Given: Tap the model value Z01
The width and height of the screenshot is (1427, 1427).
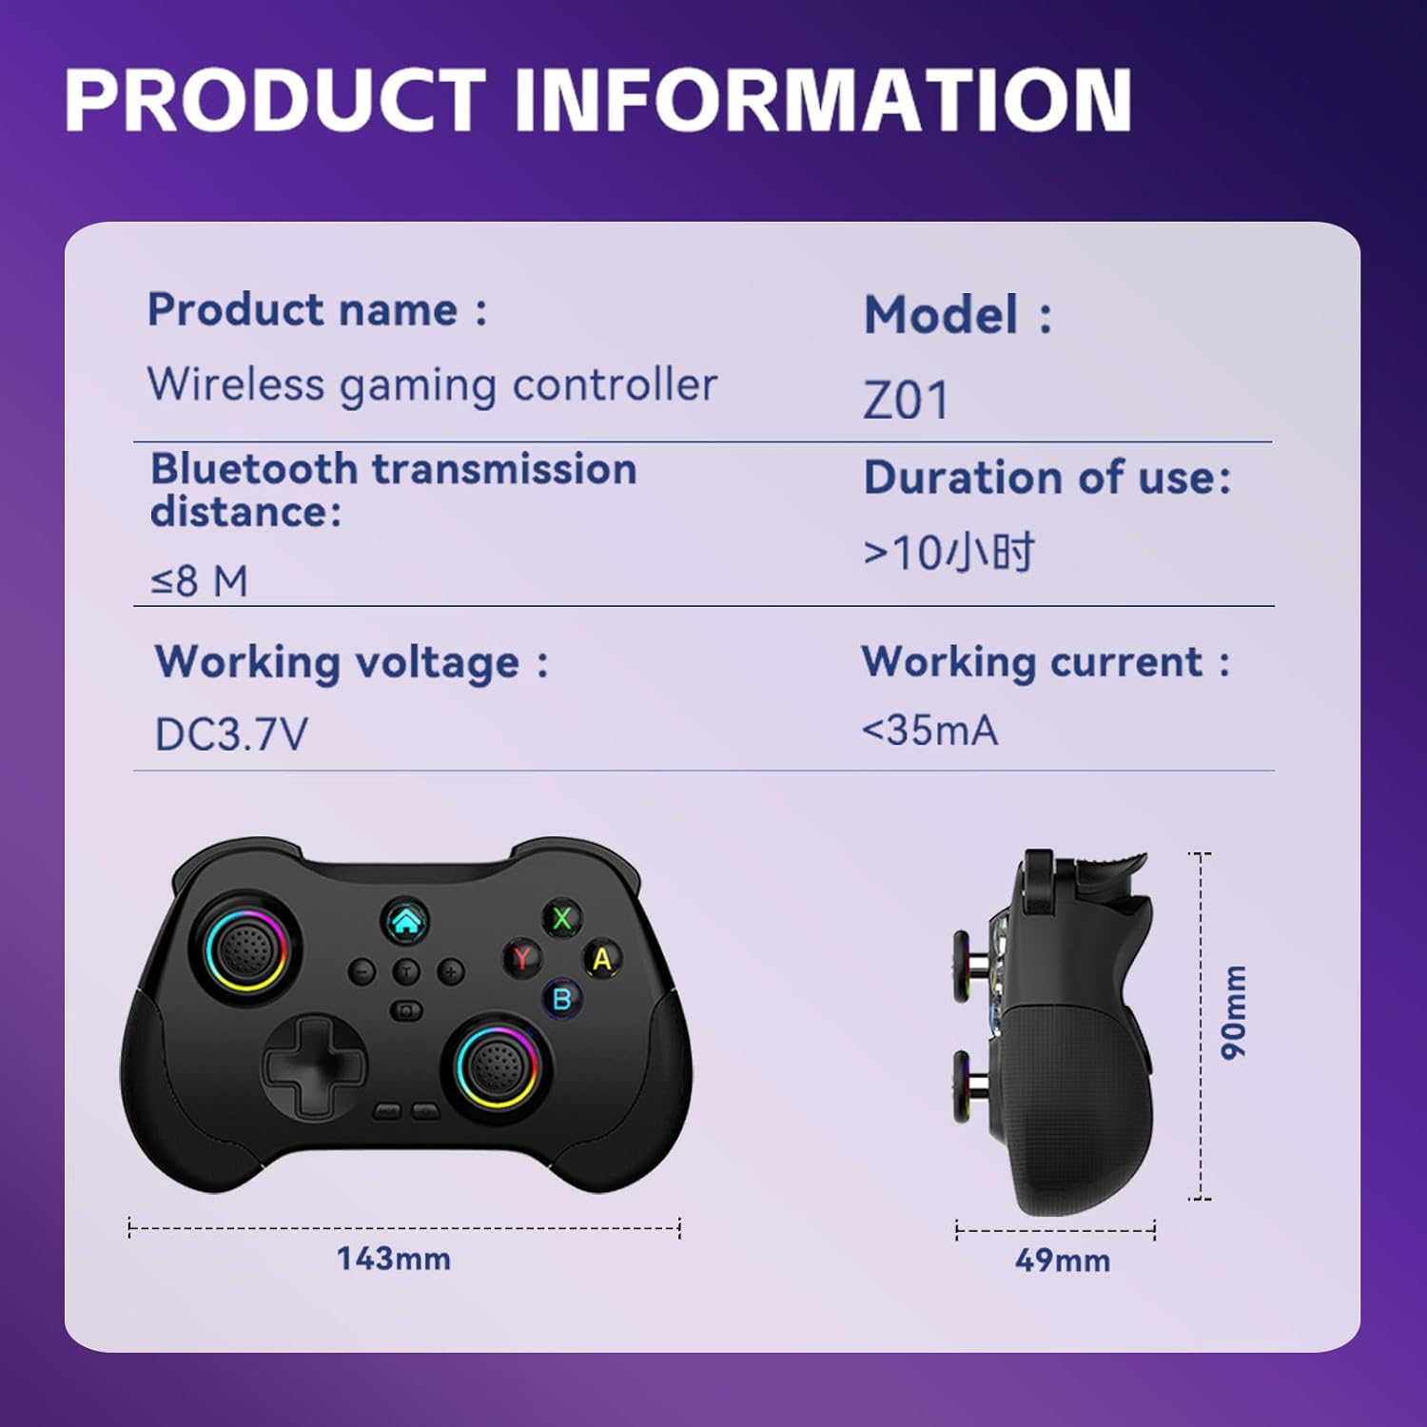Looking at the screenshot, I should pyautogui.click(x=906, y=400).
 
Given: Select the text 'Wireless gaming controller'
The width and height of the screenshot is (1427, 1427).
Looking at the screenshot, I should pyautogui.click(x=432, y=384).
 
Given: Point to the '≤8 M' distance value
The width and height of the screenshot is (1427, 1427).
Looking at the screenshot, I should pyautogui.click(x=200, y=580).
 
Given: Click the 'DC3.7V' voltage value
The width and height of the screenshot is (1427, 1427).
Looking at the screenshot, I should pyautogui.click(x=231, y=733).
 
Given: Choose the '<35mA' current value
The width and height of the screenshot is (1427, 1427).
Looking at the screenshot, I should pyautogui.click(x=929, y=731).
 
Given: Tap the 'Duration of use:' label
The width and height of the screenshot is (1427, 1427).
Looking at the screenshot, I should pyautogui.click(x=1047, y=478).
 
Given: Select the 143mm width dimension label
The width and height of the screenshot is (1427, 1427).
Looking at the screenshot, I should pyautogui.click(x=394, y=1259).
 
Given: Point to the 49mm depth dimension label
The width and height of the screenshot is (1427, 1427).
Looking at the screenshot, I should pyautogui.click(x=1062, y=1261).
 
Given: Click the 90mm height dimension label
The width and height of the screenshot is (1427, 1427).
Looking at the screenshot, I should pyautogui.click(x=1234, y=1012).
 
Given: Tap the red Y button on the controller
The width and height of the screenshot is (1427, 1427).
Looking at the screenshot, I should pyautogui.click(x=522, y=956).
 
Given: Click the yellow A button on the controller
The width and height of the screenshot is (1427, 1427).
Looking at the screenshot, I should pyautogui.click(x=602, y=958).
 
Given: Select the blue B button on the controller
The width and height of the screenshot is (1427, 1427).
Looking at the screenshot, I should pyautogui.click(x=562, y=998).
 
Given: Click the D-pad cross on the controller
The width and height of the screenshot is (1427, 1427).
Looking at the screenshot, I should pyautogui.click(x=314, y=1064).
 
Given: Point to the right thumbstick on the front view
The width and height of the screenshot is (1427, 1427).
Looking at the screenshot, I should pyautogui.click(x=496, y=1064).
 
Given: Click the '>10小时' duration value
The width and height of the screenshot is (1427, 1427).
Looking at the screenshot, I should pyautogui.click(x=948, y=552).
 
